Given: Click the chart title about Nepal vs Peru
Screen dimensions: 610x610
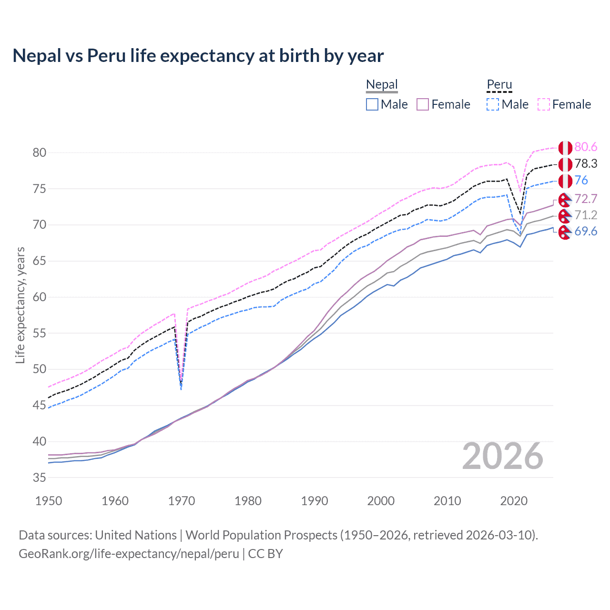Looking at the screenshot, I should click(x=198, y=56).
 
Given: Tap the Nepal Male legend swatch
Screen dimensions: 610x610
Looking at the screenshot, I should click(x=372, y=104).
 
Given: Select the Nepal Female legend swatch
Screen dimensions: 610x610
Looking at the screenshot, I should click(x=423, y=104).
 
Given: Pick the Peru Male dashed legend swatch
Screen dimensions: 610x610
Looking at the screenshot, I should click(x=493, y=104).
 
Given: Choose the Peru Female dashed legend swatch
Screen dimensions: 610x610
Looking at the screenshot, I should click(x=544, y=104).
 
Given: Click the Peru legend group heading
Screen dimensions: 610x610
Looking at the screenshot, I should click(x=499, y=85).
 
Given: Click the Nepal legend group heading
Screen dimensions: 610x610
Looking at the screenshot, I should click(x=382, y=85).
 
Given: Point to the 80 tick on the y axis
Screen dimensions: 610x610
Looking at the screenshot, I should click(x=40, y=152).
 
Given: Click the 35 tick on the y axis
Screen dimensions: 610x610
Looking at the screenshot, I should click(x=40, y=478).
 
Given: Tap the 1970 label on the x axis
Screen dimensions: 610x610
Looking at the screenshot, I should click(x=182, y=501).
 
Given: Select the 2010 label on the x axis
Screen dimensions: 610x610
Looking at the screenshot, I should click(x=447, y=501).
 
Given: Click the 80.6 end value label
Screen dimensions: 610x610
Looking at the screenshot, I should click(x=586, y=147).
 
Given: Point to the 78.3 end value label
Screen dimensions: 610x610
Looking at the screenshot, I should click(x=586, y=164).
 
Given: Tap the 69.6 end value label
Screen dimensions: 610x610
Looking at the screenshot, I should click(x=586, y=232).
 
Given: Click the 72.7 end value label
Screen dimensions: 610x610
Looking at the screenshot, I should click(x=586, y=199).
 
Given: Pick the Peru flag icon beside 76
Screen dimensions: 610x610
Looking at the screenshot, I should click(x=565, y=181).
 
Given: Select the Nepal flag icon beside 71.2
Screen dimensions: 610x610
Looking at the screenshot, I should click(x=565, y=216).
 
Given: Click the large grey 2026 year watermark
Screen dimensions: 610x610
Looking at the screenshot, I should click(x=503, y=456).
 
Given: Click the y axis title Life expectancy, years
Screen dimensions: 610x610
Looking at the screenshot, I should click(x=20, y=305).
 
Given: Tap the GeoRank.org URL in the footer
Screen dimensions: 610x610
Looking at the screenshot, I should click(x=129, y=554).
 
